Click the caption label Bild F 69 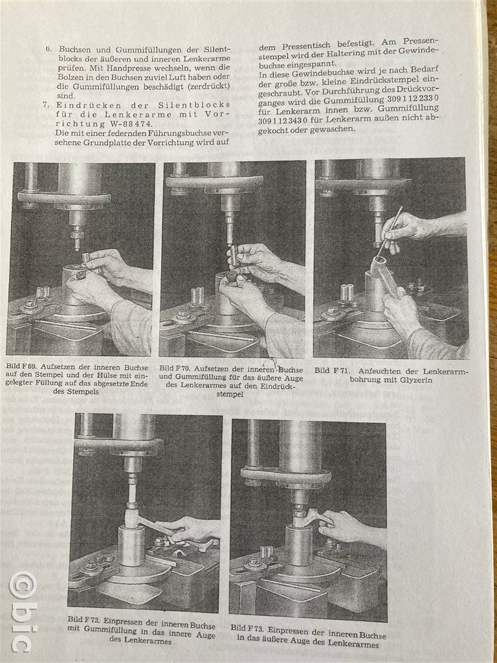[x=19, y=368]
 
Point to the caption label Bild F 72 [x=82, y=620]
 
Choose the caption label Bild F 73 [x=247, y=628]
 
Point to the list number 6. [x=49, y=49]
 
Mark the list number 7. [x=46, y=104]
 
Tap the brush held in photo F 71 [x=389, y=232]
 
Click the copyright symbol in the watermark [x=23, y=587]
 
